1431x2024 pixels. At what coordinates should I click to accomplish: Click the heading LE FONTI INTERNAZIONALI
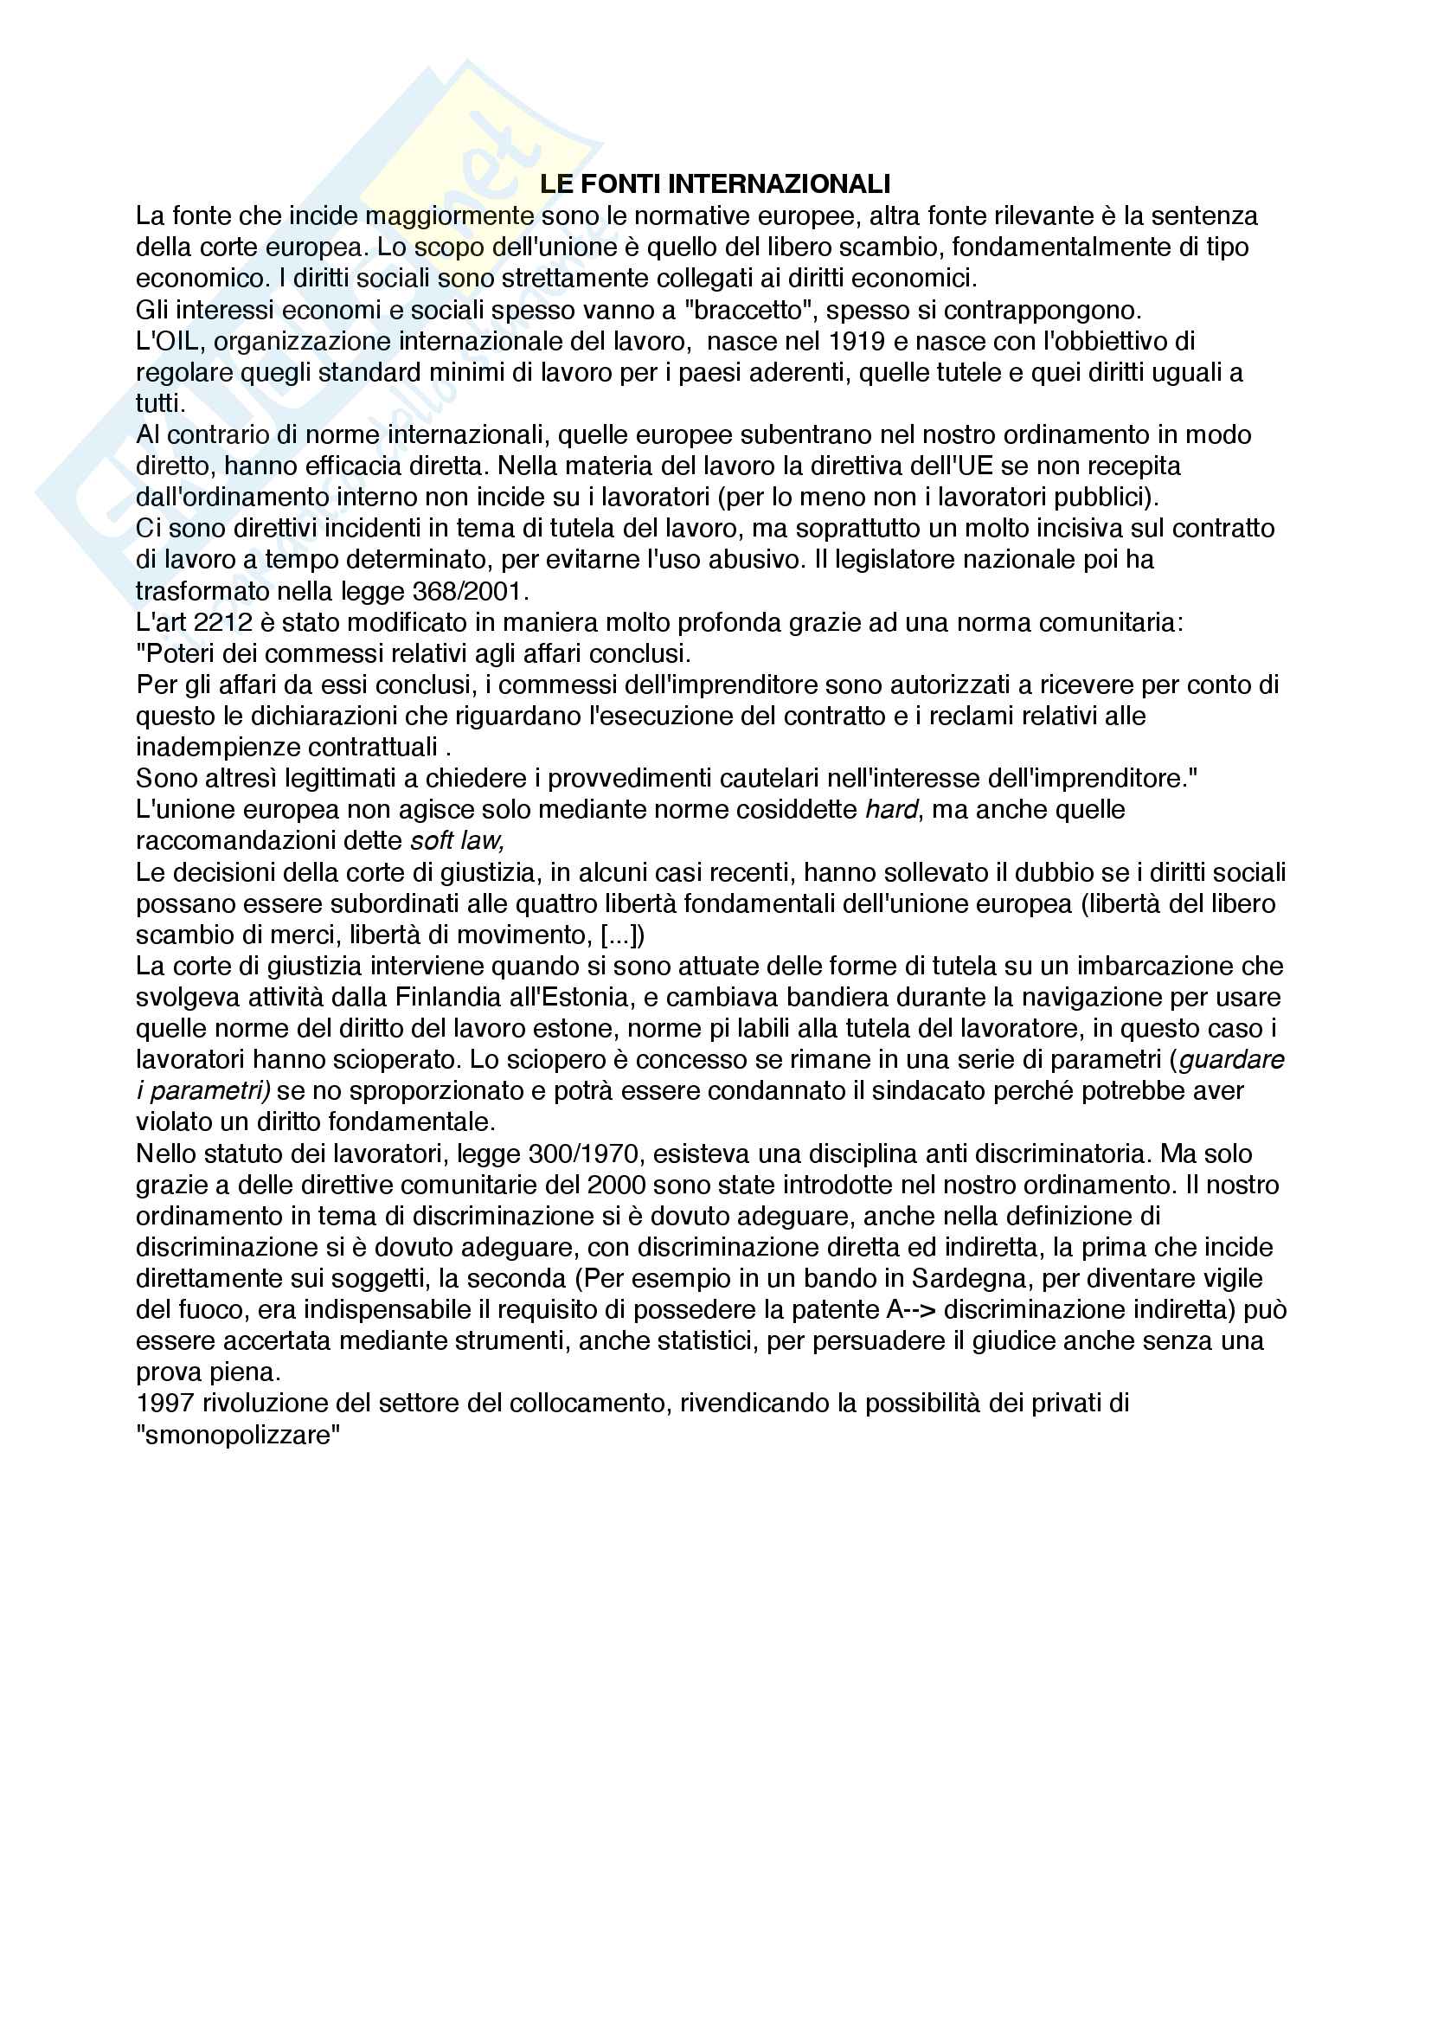click(715, 184)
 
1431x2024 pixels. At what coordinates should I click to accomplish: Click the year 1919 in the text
click(857, 341)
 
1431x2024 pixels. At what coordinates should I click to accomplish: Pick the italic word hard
click(892, 809)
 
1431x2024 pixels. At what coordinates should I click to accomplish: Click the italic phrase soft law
click(458, 841)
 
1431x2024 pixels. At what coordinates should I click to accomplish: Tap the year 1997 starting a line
click(165, 1404)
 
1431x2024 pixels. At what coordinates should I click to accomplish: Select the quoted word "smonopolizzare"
click(238, 1435)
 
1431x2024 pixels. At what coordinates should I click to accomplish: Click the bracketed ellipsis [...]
click(622, 935)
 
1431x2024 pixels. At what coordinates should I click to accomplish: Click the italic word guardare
click(1232, 1060)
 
